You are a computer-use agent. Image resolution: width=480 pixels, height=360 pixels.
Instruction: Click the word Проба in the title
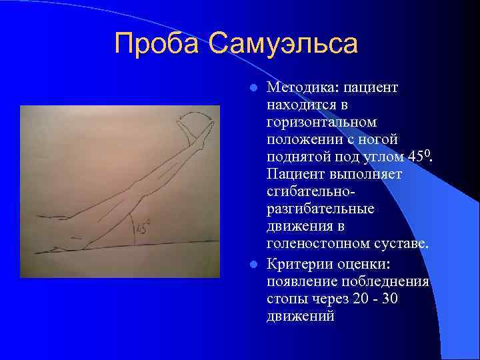(x=157, y=45)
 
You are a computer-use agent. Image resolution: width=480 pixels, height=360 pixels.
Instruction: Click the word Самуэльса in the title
(x=283, y=45)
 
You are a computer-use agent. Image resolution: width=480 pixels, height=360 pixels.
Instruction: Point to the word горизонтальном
(x=321, y=123)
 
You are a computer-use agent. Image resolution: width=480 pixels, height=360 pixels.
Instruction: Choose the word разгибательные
(x=320, y=209)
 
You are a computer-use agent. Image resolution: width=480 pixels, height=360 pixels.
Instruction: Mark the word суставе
(x=400, y=245)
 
